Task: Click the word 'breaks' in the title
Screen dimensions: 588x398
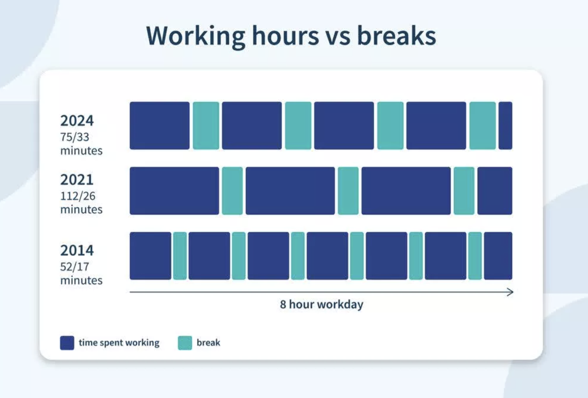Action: pyautogui.click(x=396, y=36)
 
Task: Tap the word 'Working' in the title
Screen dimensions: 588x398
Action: pyautogui.click(x=196, y=37)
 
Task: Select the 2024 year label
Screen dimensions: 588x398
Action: pyautogui.click(x=77, y=121)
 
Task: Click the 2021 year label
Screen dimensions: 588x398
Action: pyautogui.click(x=77, y=179)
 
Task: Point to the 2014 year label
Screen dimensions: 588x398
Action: pyautogui.click(x=77, y=250)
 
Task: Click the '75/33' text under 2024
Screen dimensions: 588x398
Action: pyautogui.click(x=75, y=137)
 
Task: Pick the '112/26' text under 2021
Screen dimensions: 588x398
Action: pyautogui.click(x=78, y=196)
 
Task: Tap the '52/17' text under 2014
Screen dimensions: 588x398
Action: pyautogui.click(x=75, y=267)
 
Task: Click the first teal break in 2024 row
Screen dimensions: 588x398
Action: pyautogui.click(x=206, y=125)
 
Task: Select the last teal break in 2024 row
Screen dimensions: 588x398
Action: pyautogui.click(x=483, y=125)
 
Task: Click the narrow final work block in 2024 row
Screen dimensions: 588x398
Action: pyautogui.click(x=505, y=125)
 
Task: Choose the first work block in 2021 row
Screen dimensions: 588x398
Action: pyautogui.click(x=174, y=191)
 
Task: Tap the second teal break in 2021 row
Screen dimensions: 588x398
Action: pyautogui.click(x=348, y=191)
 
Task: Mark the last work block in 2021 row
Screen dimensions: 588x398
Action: pyautogui.click(x=495, y=191)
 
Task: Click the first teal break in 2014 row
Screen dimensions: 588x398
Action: pyautogui.click(x=180, y=256)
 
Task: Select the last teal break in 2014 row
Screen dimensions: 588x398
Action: pyautogui.click(x=475, y=256)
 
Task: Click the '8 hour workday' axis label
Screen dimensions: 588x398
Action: pyautogui.click(x=321, y=304)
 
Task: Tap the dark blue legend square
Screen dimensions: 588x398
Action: pyautogui.click(x=67, y=343)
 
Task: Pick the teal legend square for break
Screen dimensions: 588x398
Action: pyautogui.click(x=185, y=343)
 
